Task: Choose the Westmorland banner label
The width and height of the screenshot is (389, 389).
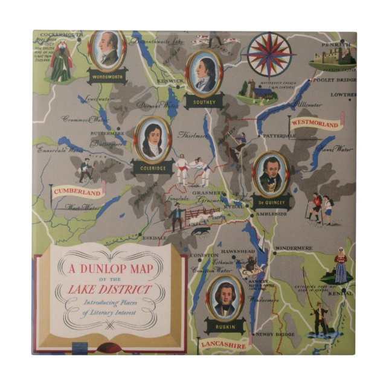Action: [x=315, y=124]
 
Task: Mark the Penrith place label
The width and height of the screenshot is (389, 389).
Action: [x=336, y=45]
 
